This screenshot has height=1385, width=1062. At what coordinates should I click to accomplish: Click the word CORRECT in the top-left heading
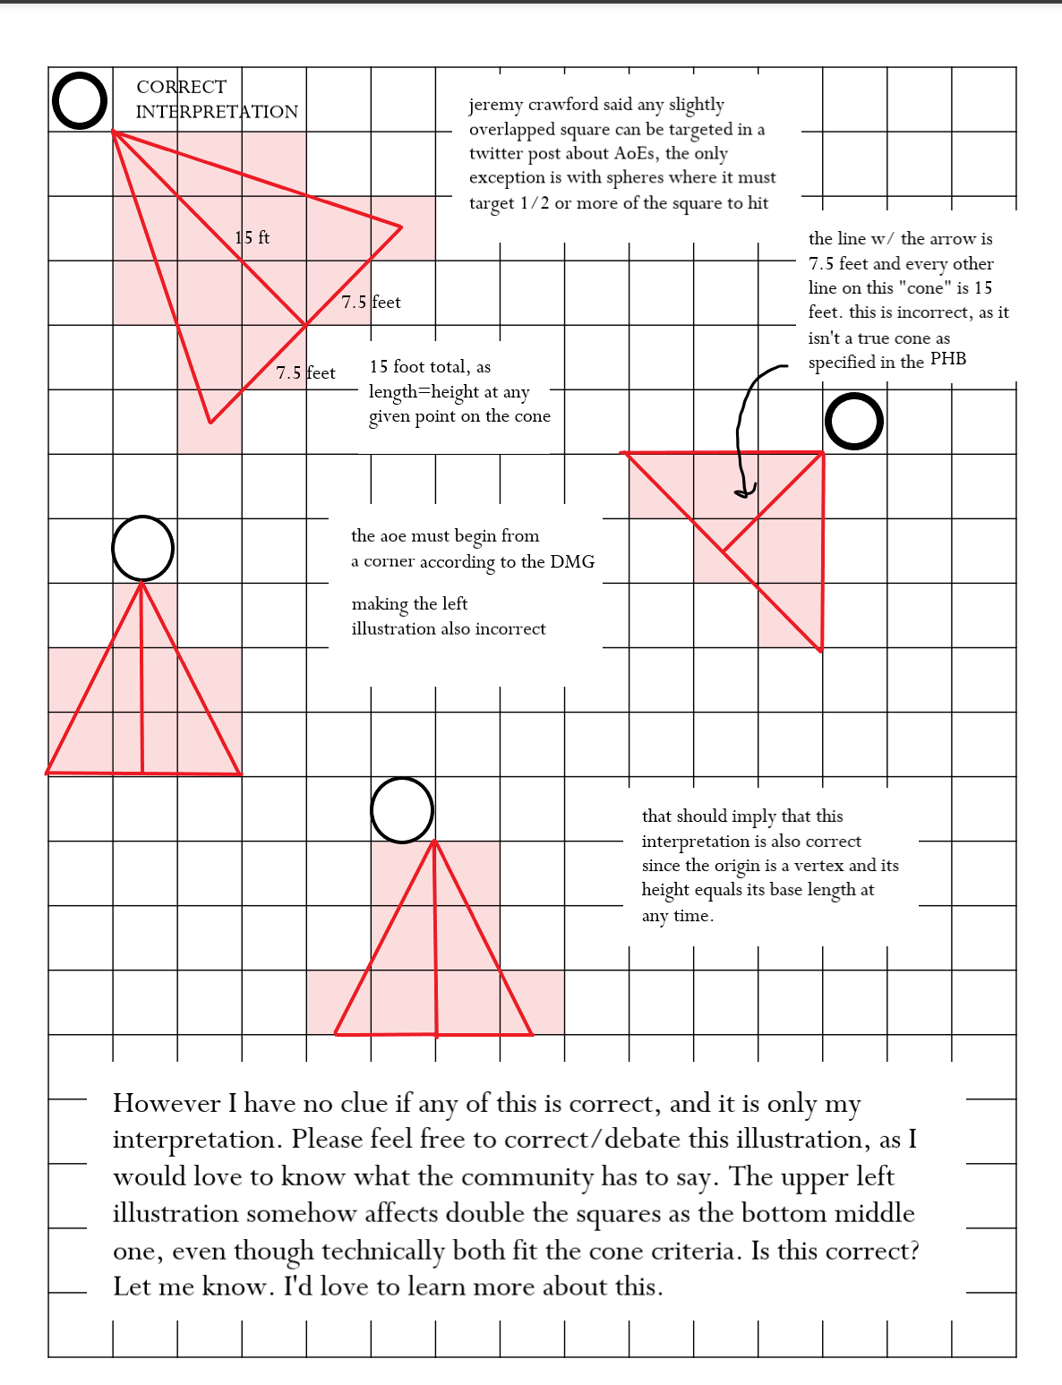[181, 87]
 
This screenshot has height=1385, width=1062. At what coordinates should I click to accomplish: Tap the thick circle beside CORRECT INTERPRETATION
[80, 100]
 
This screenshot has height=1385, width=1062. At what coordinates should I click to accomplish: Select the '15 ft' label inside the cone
[252, 237]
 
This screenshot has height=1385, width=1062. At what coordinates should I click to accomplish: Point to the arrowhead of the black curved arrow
[742, 492]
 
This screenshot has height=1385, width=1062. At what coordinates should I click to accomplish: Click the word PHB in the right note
[948, 359]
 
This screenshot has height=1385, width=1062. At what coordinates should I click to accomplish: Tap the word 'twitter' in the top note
[499, 154]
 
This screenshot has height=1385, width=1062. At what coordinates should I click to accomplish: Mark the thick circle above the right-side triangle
[853, 422]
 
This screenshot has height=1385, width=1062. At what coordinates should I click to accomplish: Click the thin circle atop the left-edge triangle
[142, 548]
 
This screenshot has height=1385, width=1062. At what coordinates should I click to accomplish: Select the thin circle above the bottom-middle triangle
[402, 810]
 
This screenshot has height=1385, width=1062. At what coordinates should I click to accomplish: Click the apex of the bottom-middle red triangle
[434, 842]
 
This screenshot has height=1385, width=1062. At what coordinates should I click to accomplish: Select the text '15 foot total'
[420, 366]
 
